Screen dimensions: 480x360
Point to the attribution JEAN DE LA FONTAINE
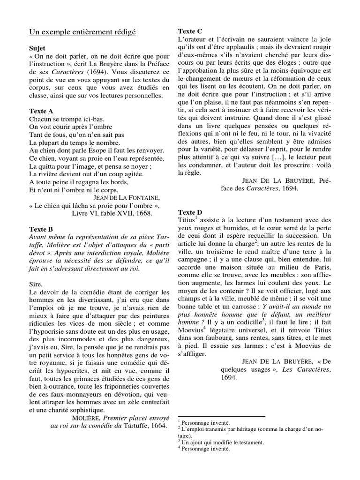124,197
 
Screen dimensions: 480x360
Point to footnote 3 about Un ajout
213,442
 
